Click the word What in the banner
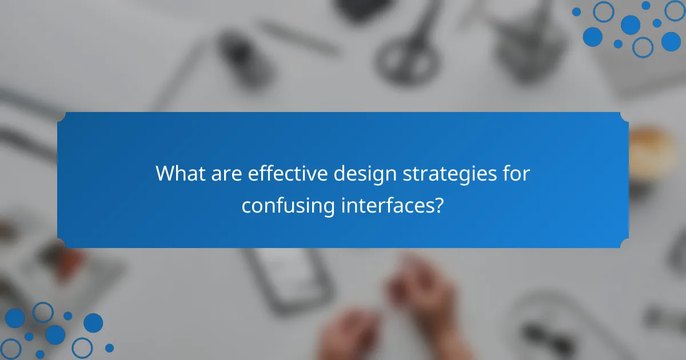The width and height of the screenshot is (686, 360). [180, 174]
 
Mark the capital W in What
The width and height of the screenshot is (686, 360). [166, 174]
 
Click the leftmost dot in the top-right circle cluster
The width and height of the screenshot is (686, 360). [576, 11]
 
